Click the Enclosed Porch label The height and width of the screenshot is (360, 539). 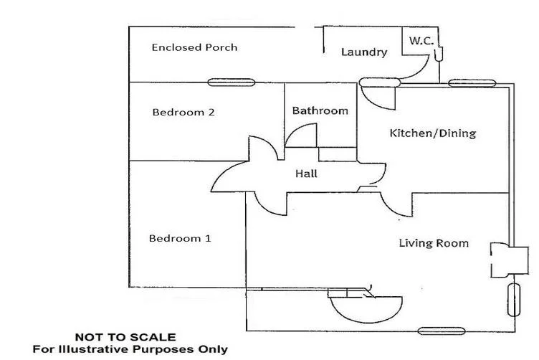194,47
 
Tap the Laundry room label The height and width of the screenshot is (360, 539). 364,52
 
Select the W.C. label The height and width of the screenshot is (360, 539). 421,41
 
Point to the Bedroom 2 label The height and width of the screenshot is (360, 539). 183,112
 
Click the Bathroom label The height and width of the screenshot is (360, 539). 320,110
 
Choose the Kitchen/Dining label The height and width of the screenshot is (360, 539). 433,133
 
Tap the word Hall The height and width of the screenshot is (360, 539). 306,174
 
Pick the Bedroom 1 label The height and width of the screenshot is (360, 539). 180,238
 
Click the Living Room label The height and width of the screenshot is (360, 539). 434,243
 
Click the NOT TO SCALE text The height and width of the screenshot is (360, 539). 125,337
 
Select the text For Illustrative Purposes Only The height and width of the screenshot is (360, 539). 130,349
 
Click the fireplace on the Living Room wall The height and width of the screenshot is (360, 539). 509,260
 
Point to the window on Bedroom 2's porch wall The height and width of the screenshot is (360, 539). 232,82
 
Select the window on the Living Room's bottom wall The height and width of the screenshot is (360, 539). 442,331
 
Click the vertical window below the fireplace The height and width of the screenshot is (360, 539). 514,300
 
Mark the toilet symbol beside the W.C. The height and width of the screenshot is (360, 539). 438,54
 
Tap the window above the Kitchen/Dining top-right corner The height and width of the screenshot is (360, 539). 472,83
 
